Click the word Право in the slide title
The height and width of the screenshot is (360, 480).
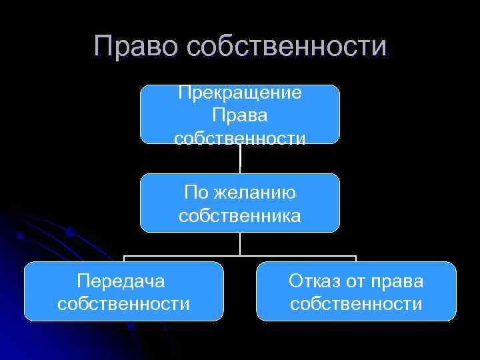pos(137,46)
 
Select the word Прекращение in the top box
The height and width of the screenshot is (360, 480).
pos(240,92)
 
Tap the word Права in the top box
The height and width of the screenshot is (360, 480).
pos(240,115)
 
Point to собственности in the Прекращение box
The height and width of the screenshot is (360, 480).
pos(240,138)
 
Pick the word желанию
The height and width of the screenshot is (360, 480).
pos(255,193)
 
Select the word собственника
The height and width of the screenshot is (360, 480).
pos(240,216)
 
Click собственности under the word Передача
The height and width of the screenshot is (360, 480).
pos(124,304)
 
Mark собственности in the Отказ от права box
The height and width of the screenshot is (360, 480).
pos(356,304)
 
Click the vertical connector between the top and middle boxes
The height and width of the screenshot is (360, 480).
pos(240,159)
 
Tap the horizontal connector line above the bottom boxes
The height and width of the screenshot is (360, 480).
pos(200,255)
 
